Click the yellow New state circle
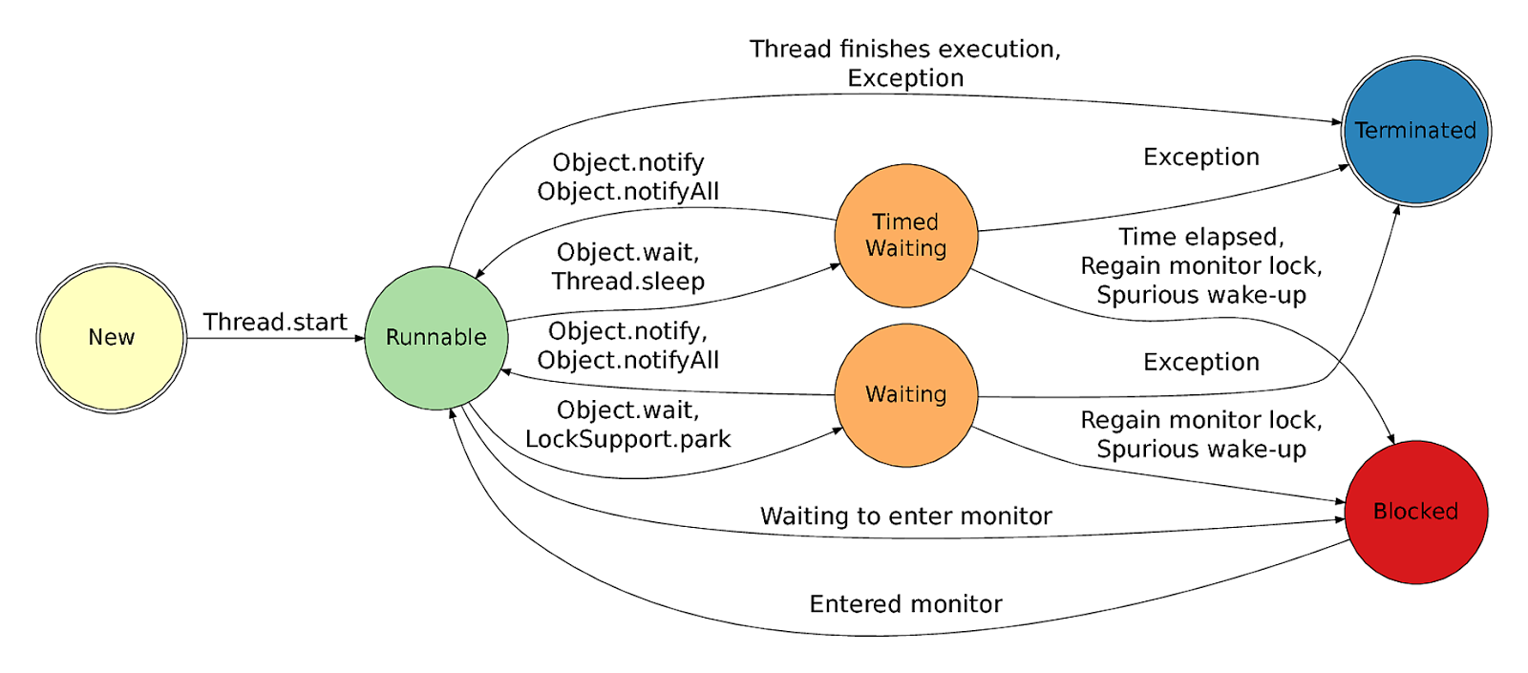click(112, 338)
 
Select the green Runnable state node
click(436, 338)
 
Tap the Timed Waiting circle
click(905, 236)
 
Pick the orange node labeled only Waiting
click(905, 395)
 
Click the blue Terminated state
click(1415, 131)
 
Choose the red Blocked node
click(1415, 512)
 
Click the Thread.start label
click(275, 323)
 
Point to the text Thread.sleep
click(627, 282)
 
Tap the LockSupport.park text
click(627, 439)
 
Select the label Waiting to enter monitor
click(905, 516)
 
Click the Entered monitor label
click(905, 604)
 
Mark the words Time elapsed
click(1199, 237)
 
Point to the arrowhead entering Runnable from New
click(360, 338)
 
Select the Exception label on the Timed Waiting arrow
click(1200, 158)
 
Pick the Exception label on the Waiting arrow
click(1200, 363)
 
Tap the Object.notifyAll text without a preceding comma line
click(627, 192)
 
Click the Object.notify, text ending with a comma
click(627, 331)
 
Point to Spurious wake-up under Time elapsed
click(1200, 295)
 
